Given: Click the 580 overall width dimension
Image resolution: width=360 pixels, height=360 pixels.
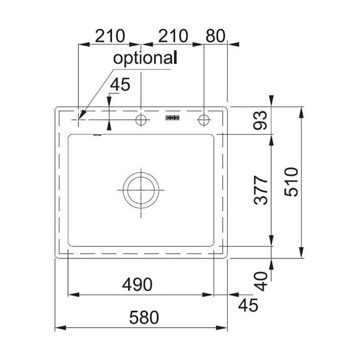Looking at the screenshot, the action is point(144,317).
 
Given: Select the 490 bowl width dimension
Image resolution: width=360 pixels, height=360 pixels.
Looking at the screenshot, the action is point(137,284).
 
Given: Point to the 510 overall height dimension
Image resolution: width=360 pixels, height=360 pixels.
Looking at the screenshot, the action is point(291,182).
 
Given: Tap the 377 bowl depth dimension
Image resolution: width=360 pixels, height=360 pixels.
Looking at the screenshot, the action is point(261,190).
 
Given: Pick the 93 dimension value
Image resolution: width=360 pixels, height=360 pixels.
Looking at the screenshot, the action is point(260,120).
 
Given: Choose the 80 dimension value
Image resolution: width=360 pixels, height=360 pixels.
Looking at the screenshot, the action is point(215,36).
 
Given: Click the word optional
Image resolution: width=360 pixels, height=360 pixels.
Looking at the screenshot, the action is point(145,58).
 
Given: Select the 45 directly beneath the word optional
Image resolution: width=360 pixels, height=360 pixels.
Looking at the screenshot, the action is point(120,84).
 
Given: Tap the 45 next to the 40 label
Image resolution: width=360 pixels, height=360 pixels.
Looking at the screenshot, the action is point(248,305).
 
